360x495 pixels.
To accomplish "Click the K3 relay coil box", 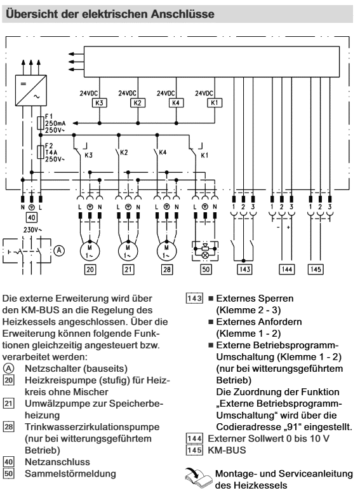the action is (100, 103).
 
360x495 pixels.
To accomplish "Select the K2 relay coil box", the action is (138, 103).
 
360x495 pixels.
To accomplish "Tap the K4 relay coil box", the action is (176, 103).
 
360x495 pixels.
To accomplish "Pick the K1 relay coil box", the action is (215, 103).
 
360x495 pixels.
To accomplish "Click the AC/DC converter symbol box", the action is (31, 90).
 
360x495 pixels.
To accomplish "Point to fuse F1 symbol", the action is (41, 123).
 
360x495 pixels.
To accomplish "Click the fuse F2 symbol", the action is (41, 152).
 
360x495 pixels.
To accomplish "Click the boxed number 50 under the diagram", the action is (206, 269).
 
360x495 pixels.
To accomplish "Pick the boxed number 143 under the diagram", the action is (245, 269).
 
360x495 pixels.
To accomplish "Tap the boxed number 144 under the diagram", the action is (287, 269).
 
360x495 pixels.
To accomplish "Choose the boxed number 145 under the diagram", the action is (316, 269).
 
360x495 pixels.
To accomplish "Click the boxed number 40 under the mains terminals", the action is (32, 217).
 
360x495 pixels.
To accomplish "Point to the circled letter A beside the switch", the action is (59, 250).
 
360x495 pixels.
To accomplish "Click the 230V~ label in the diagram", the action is (33, 230).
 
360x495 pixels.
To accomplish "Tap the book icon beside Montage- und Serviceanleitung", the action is (199, 478).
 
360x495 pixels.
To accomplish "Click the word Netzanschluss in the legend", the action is (57, 462).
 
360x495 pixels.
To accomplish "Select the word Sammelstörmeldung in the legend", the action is (70, 473).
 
